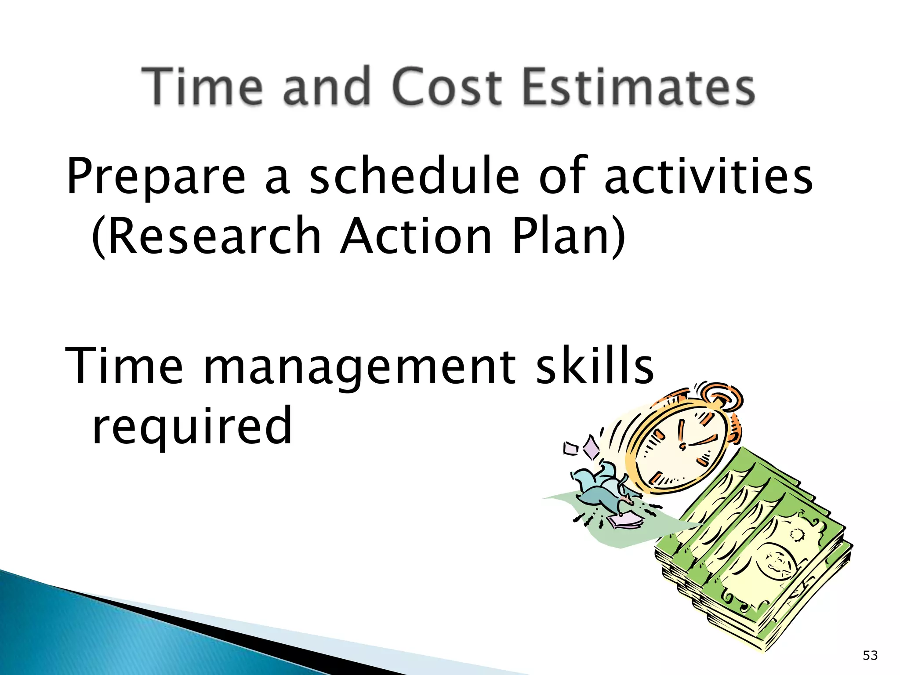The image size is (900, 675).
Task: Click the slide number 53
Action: pyautogui.click(x=870, y=656)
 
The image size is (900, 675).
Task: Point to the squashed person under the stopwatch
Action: pyautogui.click(x=602, y=488)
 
